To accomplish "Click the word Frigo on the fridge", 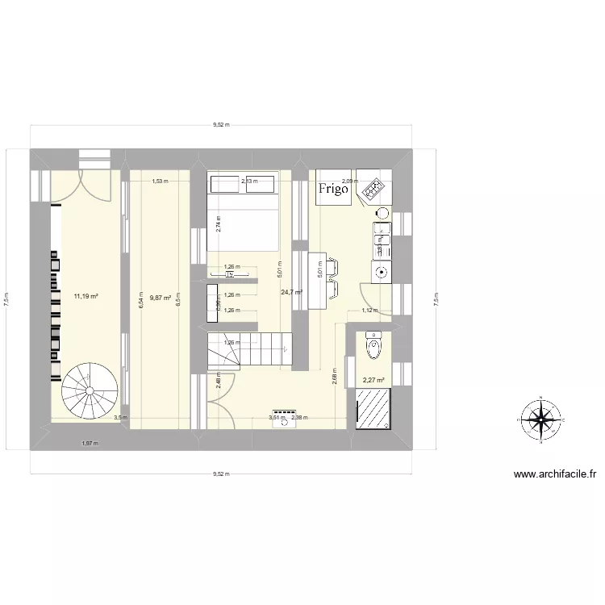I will click(x=332, y=190).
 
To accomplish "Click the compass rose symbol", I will click(x=541, y=418).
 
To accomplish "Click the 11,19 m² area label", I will click(x=86, y=297).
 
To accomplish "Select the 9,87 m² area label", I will click(x=160, y=298).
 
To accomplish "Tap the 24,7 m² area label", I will click(x=291, y=292).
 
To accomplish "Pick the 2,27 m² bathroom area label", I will click(x=373, y=381).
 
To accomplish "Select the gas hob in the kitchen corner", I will click(x=373, y=190).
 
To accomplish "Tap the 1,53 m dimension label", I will click(x=160, y=181).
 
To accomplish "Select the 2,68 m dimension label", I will click(x=334, y=376).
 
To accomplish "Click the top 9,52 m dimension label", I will click(x=221, y=125).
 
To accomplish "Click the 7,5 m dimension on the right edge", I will click(x=436, y=299).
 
